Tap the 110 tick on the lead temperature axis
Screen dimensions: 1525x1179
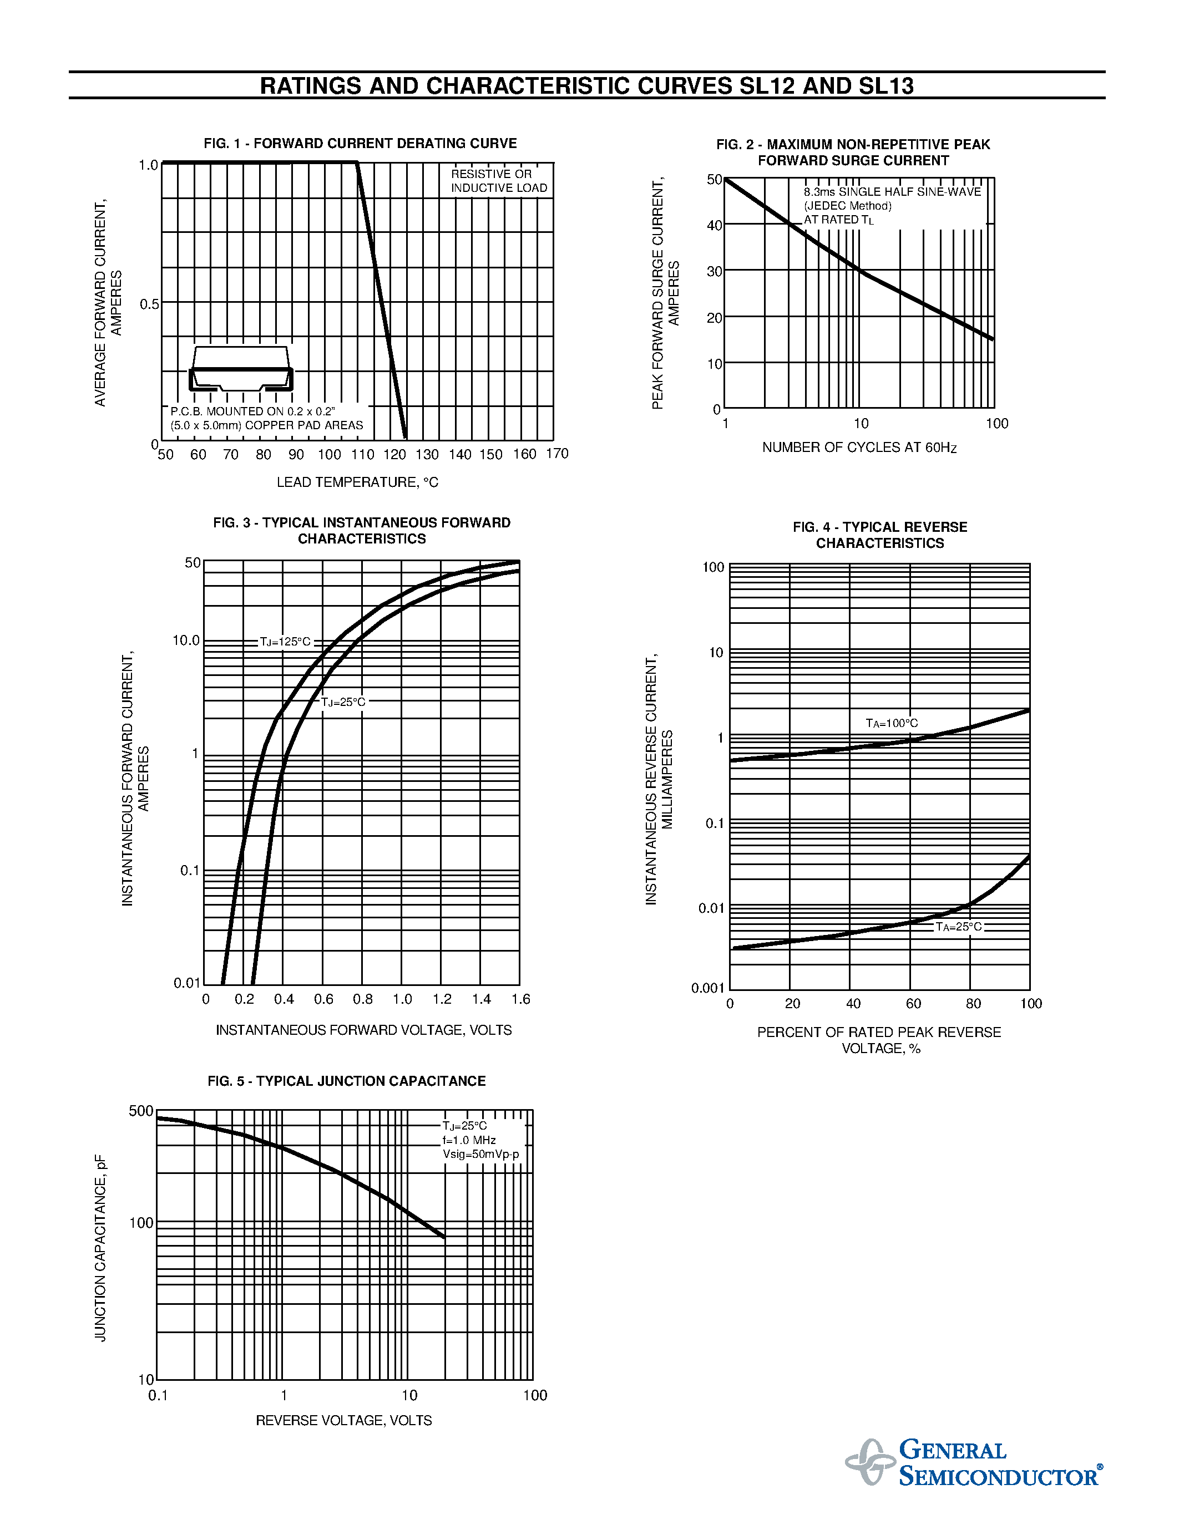(x=362, y=455)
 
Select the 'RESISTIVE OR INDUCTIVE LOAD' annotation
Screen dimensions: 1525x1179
(x=499, y=181)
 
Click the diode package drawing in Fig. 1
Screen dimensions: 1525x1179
(x=241, y=369)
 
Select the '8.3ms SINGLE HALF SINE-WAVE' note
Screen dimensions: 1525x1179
(x=892, y=192)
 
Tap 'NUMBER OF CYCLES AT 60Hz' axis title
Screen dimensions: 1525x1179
(x=859, y=448)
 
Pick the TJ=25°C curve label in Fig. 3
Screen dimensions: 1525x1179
(x=343, y=701)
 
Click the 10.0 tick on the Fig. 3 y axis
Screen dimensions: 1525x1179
(x=186, y=640)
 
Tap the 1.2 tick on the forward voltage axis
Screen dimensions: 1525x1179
(x=442, y=999)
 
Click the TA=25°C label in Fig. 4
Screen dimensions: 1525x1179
(x=958, y=927)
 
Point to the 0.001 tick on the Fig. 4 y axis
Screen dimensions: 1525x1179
(x=707, y=988)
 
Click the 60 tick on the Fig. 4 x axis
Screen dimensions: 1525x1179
(x=913, y=1004)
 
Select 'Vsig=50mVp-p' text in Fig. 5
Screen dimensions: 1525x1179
(x=480, y=1154)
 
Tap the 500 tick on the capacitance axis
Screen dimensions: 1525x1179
(x=141, y=1111)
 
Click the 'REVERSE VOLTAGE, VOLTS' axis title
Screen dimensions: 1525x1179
(x=343, y=1420)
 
